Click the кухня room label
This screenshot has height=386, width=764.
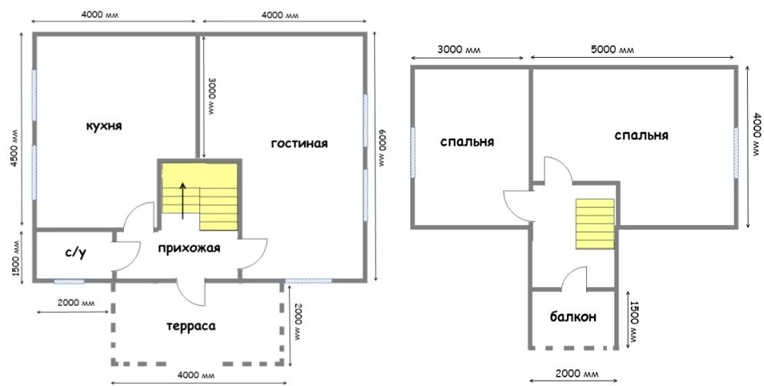click(x=105, y=126)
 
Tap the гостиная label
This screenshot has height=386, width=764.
click(x=299, y=143)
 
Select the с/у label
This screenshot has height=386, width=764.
click(x=76, y=253)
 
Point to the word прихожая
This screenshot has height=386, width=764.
click(x=189, y=248)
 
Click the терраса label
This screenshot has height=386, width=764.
click(x=191, y=326)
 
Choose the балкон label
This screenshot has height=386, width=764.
click(x=573, y=317)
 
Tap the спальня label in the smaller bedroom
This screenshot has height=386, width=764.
click(x=467, y=142)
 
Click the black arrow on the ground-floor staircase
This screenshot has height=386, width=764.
click(x=182, y=200)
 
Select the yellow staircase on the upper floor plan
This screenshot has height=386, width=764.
click(x=595, y=223)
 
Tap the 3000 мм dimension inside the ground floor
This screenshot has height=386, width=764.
click(x=212, y=96)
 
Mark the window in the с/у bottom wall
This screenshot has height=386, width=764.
click(x=68, y=281)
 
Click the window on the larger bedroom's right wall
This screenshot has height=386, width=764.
click(x=736, y=153)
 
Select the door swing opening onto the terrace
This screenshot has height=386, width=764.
click(x=191, y=294)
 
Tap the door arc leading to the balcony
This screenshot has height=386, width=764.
click(x=574, y=278)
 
